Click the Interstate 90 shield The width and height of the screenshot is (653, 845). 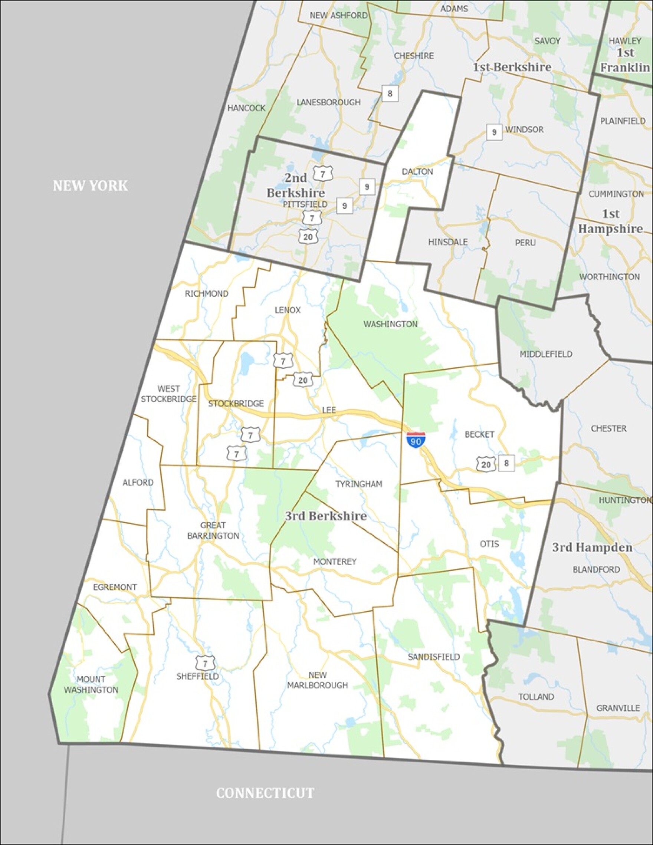416,440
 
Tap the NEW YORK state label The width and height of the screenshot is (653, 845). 90,186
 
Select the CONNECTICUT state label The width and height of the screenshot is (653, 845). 265,793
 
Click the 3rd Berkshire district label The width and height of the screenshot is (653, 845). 325,516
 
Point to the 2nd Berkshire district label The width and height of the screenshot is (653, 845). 296,185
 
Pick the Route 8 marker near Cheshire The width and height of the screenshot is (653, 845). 390,93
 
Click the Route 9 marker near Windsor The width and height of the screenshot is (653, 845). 494,132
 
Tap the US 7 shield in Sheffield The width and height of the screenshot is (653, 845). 205,663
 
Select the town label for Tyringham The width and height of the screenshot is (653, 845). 359,484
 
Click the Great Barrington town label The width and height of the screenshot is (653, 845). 213,530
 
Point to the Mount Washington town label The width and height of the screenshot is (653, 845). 91,684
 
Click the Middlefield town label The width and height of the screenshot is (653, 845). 546,354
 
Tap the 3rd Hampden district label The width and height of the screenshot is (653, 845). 592,548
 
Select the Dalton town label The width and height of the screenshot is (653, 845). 417,171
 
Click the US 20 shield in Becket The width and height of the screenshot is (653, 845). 486,464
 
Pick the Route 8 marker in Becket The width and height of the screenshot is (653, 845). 506,463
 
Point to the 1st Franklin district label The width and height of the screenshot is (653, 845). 625,60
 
